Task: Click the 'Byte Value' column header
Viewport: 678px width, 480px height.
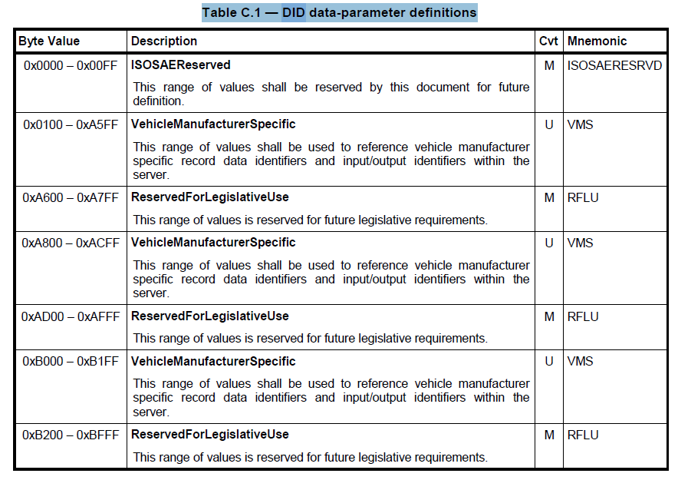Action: (x=49, y=41)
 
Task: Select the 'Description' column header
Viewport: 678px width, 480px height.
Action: (x=164, y=41)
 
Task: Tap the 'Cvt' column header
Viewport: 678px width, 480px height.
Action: (x=548, y=41)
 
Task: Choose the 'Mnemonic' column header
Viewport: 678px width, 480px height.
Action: (x=597, y=41)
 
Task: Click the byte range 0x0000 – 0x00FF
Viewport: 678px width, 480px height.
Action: (x=71, y=66)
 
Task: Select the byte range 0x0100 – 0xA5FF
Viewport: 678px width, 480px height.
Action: (x=71, y=124)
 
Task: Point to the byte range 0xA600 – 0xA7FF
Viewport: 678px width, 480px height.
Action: (x=71, y=198)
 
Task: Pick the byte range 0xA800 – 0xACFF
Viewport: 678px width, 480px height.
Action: (x=71, y=243)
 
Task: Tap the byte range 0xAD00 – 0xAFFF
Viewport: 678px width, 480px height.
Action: (x=71, y=316)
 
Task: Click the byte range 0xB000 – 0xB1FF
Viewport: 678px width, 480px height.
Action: (x=71, y=361)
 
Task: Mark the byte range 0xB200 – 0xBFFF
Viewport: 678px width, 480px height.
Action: (x=71, y=435)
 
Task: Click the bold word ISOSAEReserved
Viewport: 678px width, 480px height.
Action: (x=181, y=66)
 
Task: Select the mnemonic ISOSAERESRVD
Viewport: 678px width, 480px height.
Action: (x=614, y=66)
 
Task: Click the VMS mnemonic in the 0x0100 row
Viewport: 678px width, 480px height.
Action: (x=580, y=124)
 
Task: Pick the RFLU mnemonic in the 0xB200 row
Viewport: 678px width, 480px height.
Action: (x=583, y=435)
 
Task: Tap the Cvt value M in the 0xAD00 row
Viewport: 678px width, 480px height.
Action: (x=549, y=316)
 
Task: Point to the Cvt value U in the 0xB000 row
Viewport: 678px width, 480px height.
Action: (x=549, y=361)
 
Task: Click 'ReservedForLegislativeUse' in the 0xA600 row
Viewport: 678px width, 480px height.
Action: (x=210, y=198)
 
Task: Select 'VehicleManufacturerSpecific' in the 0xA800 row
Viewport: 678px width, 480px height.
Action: (x=213, y=243)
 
